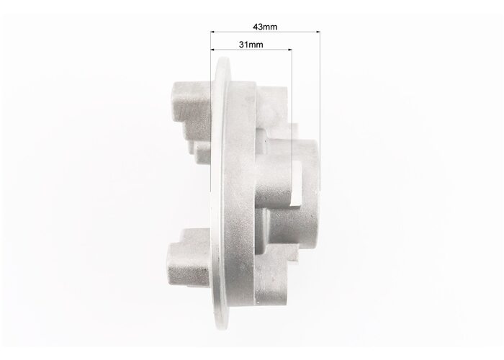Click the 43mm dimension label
265,27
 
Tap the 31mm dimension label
251,45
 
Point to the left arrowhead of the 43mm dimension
213,32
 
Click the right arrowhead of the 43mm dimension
318,32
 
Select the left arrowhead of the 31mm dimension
213,50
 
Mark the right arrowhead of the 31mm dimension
289,50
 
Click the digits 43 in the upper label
258,27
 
